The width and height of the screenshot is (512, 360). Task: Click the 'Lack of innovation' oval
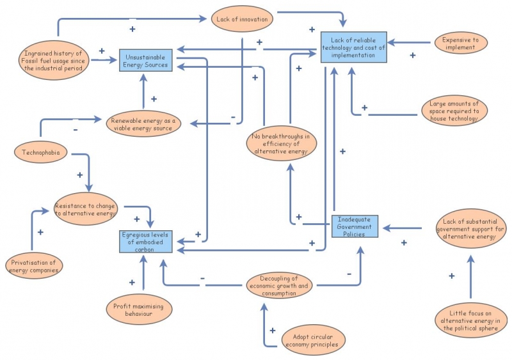pyautogui.click(x=242, y=19)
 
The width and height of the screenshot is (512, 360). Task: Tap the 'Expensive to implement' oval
pyautogui.click(x=455, y=43)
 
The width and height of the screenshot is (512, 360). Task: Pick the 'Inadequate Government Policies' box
pyautogui.click(x=355, y=226)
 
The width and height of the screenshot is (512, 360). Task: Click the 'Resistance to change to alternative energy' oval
pyautogui.click(x=85, y=210)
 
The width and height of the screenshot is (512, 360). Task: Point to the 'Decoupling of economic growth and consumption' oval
pyautogui.click(x=279, y=286)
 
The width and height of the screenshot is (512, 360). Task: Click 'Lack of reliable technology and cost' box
pyautogui.click(x=354, y=47)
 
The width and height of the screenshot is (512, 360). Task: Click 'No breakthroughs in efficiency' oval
pyautogui.click(x=282, y=144)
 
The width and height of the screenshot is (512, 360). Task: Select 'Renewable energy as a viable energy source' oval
pyautogui.click(x=143, y=124)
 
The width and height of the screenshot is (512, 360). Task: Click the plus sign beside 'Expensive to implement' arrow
pyautogui.click(x=412, y=56)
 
